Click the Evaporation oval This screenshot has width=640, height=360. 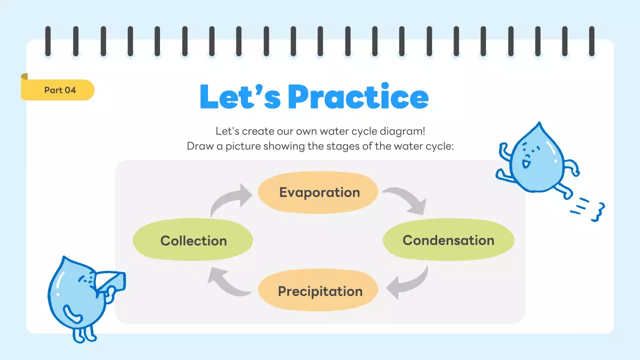[318, 192]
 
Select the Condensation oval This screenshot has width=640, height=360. [448, 240]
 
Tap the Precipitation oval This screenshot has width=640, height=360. [318, 290]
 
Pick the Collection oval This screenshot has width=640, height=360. [193, 240]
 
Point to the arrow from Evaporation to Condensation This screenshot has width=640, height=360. [406, 199]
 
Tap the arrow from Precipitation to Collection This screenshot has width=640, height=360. [227, 282]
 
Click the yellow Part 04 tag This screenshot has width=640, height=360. [59, 90]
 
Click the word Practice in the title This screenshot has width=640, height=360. [358, 97]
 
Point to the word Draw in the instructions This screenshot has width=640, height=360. [198, 146]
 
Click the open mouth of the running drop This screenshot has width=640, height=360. [525, 163]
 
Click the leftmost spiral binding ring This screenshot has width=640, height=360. [48, 41]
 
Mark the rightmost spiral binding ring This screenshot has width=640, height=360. [592, 41]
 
